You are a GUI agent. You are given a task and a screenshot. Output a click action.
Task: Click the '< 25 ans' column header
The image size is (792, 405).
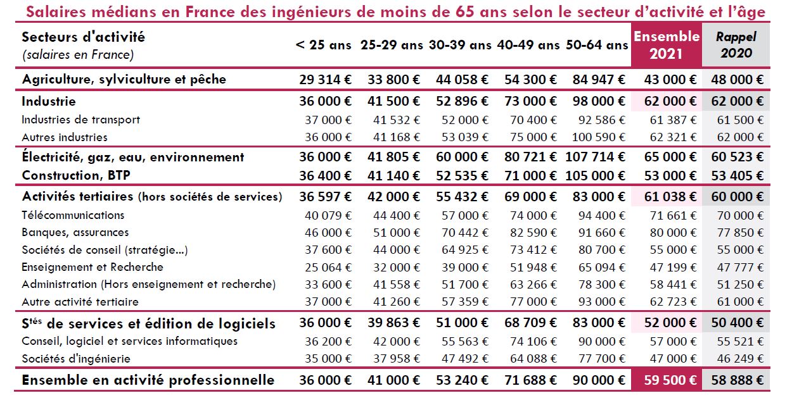point(323,45)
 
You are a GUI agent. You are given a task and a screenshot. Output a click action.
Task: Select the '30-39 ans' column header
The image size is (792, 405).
point(460,45)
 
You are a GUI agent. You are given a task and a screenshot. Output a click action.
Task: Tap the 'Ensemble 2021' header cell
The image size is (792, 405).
point(666,45)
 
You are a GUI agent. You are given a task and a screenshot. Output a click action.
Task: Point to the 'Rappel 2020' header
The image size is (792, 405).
point(736,45)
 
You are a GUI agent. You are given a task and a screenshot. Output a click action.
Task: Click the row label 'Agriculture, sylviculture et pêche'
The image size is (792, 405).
point(124,80)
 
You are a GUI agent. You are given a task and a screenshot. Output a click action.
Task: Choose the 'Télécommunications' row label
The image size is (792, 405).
point(73,215)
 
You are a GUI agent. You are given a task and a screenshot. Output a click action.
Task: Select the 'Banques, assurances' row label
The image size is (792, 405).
point(75,232)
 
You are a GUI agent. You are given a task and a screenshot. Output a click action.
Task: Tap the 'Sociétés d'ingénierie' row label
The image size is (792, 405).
point(76,359)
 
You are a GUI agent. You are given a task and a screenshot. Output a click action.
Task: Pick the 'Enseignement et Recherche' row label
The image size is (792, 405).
point(93,267)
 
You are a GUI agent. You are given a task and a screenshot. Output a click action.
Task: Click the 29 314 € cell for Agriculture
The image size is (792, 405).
point(325,80)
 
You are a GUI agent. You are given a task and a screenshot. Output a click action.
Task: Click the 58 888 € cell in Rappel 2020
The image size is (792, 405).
point(736,381)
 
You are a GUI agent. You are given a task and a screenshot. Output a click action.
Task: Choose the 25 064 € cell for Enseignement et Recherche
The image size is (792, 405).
point(328,267)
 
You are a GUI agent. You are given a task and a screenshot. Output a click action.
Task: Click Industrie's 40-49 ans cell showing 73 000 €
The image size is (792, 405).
point(530,101)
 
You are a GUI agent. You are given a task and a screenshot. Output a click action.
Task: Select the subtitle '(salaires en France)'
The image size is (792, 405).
point(77,55)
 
